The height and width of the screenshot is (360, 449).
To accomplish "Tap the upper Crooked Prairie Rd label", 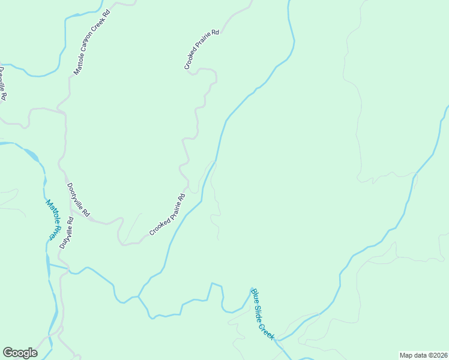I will click(x=202, y=50).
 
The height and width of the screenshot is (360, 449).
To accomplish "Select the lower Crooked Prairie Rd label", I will click(x=167, y=214).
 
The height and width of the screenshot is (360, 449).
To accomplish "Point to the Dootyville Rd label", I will click(x=79, y=200).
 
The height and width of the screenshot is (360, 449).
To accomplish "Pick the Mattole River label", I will click(x=54, y=219).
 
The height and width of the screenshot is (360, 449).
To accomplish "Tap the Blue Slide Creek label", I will click(x=262, y=314).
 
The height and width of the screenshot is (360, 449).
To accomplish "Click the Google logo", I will click(x=20, y=353).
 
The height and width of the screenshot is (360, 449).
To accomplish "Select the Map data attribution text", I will click(x=424, y=355).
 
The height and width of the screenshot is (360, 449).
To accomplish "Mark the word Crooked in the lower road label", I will click(x=158, y=226).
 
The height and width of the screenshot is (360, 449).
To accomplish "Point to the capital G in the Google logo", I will click(x=8, y=353).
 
